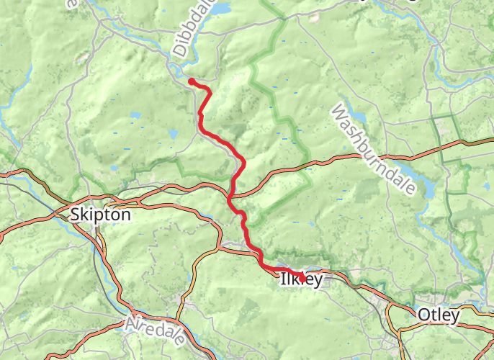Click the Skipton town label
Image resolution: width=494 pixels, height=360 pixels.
tap(100, 215)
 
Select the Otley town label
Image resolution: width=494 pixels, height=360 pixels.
tap(438, 315)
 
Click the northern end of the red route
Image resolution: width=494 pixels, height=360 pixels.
tap(192, 81)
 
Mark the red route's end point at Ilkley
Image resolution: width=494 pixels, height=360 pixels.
tap(302, 278)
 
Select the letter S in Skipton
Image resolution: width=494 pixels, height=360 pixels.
tap(76, 215)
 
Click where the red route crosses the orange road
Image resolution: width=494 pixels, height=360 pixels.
tap(232, 195)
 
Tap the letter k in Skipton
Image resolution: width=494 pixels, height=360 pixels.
tap(85, 215)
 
